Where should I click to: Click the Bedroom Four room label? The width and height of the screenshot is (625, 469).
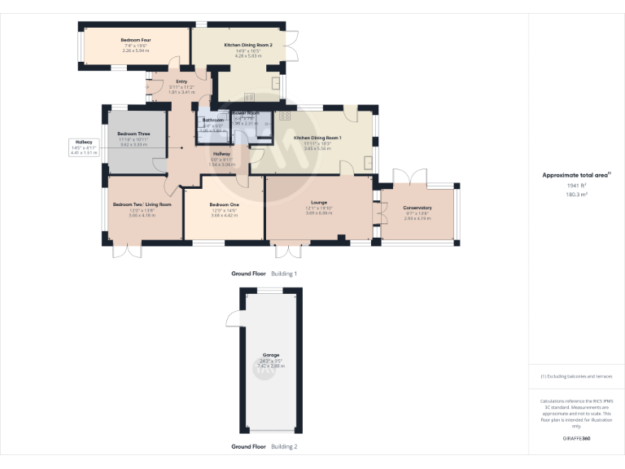[x=136, y=40]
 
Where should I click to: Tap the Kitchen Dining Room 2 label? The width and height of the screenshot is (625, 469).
[x=248, y=46]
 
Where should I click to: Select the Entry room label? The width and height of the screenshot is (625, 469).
[x=181, y=81]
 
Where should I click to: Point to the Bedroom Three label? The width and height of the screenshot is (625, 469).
[x=133, y=134]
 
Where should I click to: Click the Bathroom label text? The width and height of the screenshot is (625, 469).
[x=213, y=121]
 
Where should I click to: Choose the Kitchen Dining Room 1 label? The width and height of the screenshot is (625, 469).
[x=317, y=138]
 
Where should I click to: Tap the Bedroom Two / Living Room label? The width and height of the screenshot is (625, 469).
[x=142, y=204]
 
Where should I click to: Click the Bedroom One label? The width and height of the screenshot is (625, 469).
[x=224, y=204]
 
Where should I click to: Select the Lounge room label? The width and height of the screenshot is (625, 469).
[x=319, y=204]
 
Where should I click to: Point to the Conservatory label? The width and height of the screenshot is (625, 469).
[x=417, y=208]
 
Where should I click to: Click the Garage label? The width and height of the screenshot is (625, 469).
[x=270, y=355]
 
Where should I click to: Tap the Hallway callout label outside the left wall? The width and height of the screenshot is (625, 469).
[x=82, y=142]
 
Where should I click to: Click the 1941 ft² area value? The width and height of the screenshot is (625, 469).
[x=576, y=186]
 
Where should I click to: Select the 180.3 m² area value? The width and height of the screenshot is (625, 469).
[x=576, y=195]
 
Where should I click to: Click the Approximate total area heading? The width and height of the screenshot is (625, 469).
[x=575, y=175]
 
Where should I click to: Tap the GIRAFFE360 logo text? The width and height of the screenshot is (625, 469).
[x=576, y=440]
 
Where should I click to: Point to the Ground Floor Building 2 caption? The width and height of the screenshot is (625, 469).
[x=264, y=446]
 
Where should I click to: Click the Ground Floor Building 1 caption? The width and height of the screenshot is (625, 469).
[x=264, y=274]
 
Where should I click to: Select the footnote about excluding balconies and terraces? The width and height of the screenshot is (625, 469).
[x=576, y=376]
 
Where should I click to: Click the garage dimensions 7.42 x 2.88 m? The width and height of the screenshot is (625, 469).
[x=270, y=366]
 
